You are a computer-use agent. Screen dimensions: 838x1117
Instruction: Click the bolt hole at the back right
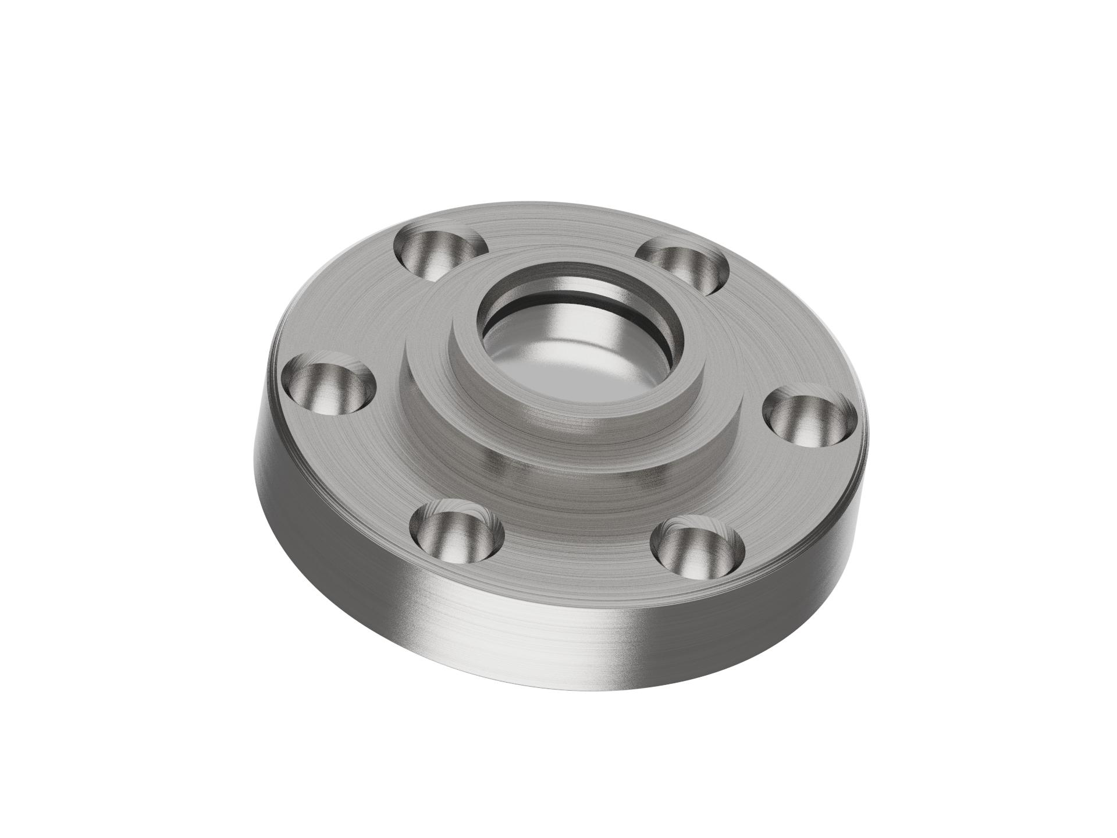coord(685,265)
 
